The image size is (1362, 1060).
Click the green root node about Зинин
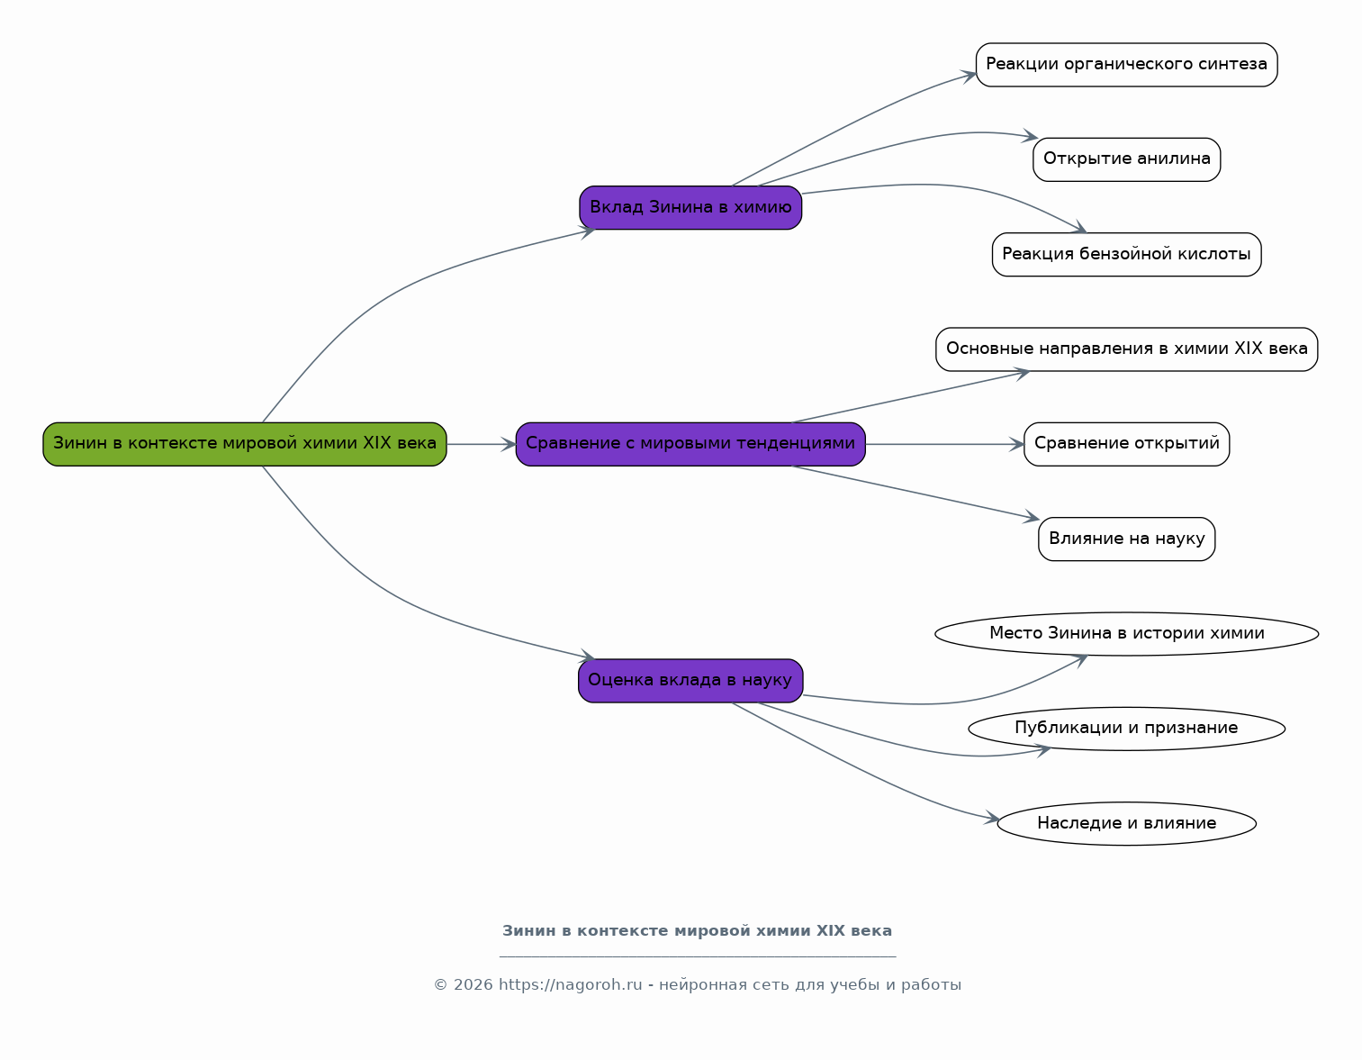pos(245,444)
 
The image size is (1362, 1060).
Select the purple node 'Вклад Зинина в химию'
pos(690,207)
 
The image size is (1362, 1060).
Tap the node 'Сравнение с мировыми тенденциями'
pos(690,444)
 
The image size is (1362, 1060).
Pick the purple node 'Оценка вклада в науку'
pos(690,681)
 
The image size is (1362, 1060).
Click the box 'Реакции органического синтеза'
pos(1126,65)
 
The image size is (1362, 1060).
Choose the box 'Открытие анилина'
pos(1126,159)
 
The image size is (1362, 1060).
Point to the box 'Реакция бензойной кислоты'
pos(1126,255)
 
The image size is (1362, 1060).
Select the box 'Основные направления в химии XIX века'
pos(1126,349)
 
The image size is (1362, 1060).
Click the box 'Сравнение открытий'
pos(1126,444)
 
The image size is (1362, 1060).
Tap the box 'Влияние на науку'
pos(1126,539)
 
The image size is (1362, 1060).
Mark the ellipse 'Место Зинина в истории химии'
pos(1126,634)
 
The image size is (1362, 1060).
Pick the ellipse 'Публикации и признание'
pos(1126,729)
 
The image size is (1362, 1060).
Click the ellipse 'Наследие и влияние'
pos(1126,824)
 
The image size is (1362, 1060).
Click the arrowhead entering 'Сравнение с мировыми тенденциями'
pos(509,444)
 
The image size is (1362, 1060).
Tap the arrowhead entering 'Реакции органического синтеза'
pos(969,76)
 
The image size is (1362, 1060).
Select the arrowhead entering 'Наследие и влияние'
pos(992,818)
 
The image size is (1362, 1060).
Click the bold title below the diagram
pos(697,931)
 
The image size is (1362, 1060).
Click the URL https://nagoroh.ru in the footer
pos(571,984)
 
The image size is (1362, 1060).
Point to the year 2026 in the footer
pos(474,984)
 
